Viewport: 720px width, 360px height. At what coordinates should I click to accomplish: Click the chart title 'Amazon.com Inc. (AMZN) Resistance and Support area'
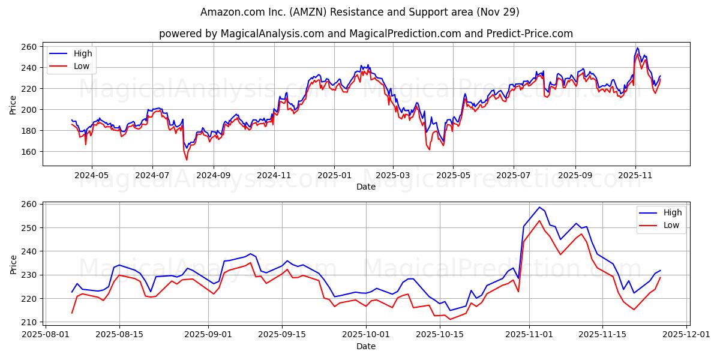pos(360,12)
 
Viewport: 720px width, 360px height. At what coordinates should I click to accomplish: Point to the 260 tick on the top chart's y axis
pos(29,47)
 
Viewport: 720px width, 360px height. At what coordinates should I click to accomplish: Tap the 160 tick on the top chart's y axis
pos(29,152)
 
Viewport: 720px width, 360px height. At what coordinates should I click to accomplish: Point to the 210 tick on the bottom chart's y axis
pos(29,322)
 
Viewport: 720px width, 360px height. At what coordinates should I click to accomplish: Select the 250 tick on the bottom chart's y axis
pos(29,228)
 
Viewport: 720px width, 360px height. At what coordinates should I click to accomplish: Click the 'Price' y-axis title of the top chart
pos(13,104)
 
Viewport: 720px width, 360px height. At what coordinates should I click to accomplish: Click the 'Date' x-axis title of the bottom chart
pos(366,346)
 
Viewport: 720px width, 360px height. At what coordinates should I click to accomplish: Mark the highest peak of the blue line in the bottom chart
pos(539,208)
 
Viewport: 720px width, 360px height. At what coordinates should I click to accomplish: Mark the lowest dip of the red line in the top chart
pos(187,160)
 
